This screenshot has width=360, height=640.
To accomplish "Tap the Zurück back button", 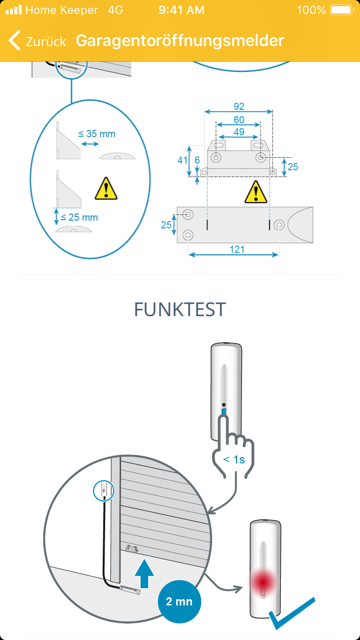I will [x=37, y=41].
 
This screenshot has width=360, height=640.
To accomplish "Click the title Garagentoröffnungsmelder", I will [x=180, y=40].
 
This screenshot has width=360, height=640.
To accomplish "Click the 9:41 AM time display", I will [x=181, y=10].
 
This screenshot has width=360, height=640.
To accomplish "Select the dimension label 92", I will [x=239, y=107].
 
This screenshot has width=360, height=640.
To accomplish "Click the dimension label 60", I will [x=239, y=119].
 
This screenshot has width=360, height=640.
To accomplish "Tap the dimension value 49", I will [x=239, y=131].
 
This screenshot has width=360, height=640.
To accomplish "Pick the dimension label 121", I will [x=237, y=249].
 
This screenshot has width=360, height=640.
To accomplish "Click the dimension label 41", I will [x=182, y=160].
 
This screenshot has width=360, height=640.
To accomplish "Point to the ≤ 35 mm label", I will [x=97, y=134].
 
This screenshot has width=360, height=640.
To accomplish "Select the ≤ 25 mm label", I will [x=80, y=217].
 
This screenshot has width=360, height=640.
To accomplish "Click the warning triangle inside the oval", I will [x=106, y=189].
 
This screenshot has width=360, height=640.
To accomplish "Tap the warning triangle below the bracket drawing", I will [x=256, y=192].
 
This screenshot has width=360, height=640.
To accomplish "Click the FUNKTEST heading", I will [x=180, y=310].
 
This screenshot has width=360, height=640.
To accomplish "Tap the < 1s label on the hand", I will [x=234, y=459].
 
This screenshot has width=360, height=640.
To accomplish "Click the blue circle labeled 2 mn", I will [x=179, y=601].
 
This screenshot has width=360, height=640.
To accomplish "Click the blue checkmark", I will [x=292, y=613].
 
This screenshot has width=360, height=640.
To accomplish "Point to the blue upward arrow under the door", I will [x=144, y=573].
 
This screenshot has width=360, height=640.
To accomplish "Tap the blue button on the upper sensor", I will [x=224, y=412].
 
